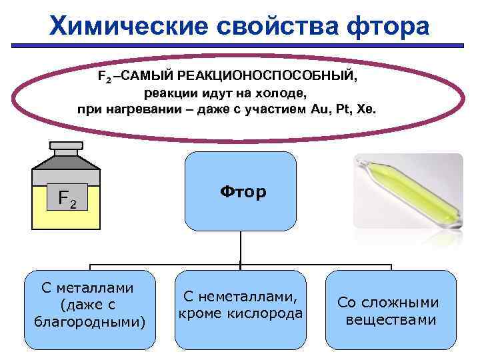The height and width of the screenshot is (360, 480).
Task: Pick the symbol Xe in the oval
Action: tap(367, 109)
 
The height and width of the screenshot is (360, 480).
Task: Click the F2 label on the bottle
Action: tap(67, 199)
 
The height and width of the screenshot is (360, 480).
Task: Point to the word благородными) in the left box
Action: tap(90, 323)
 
